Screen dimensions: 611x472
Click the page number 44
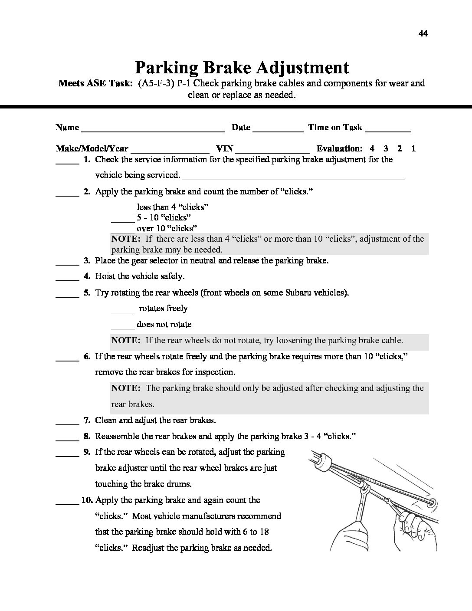[x=423, y=33]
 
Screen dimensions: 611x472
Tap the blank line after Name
[x=153, y=129]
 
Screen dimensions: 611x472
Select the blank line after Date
[x=278, y=129]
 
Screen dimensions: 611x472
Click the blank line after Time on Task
[x=388, y=129]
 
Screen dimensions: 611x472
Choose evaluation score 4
[x=372, y=148]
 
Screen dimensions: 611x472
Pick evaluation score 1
[x=413, y=148]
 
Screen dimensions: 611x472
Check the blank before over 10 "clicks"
[x=123, y=230]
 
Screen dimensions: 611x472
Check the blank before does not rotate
[x=123, y=327]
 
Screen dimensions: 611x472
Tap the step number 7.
[x=87, y=420]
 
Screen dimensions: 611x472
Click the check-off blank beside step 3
[x=67, y=263]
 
